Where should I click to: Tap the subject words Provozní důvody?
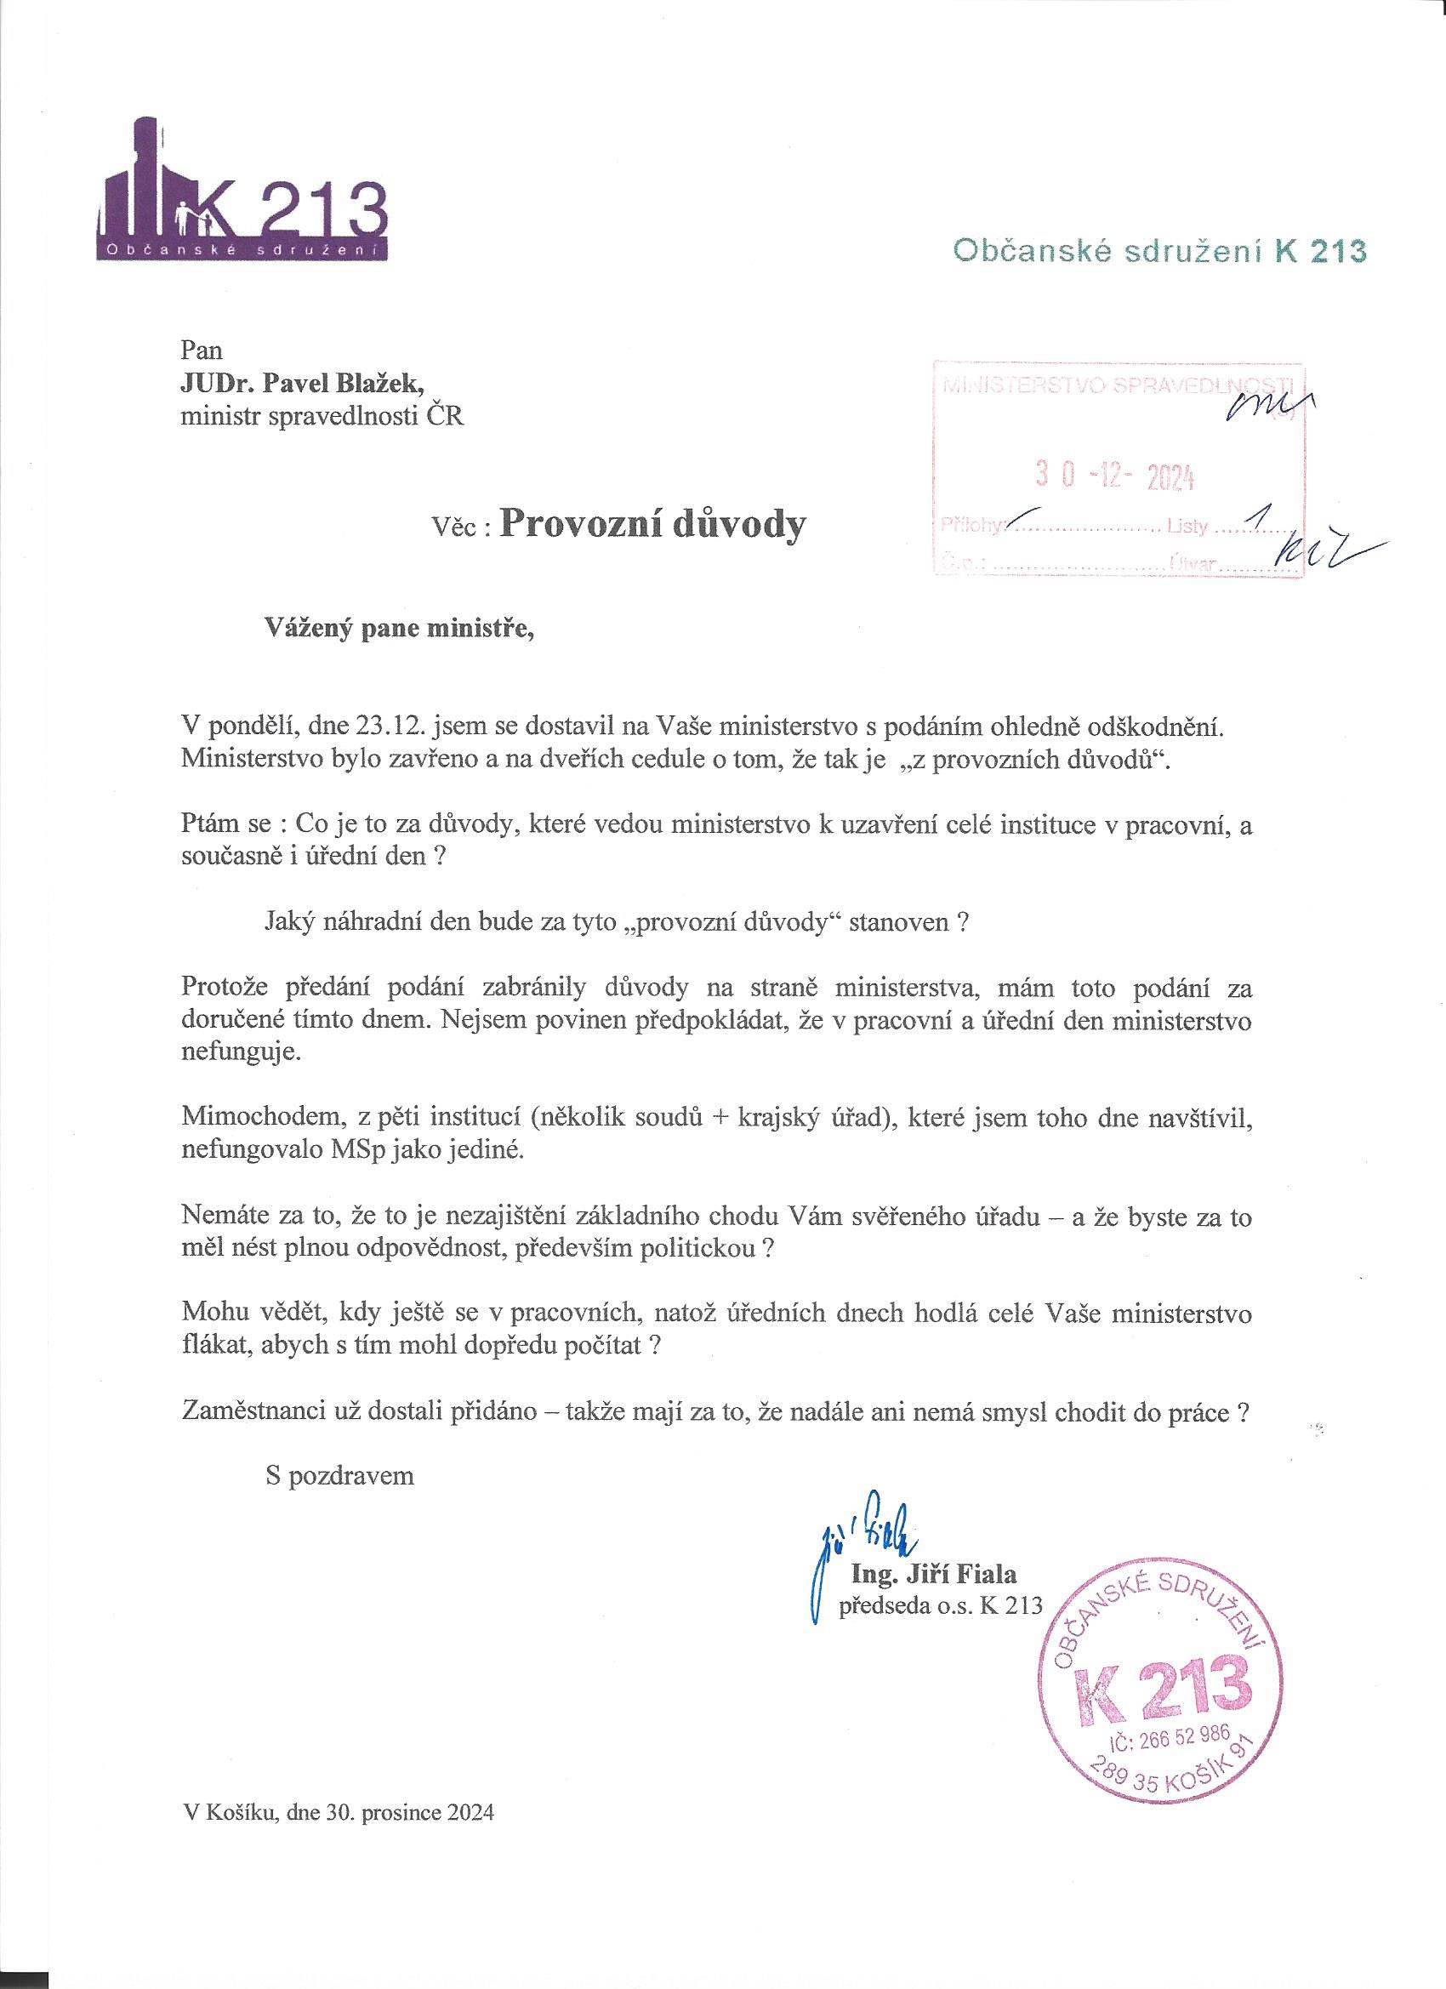coord(652,523)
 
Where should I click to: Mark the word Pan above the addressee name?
coord(202,350)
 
